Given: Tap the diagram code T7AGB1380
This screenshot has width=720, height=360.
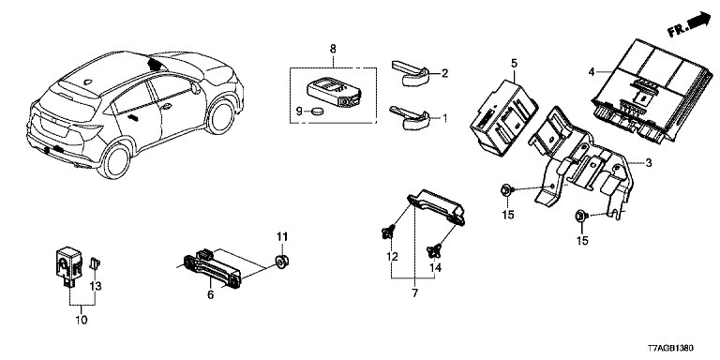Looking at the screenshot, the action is click(x=671, y=349).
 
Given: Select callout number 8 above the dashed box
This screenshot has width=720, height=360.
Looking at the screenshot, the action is click(x=333, y=48).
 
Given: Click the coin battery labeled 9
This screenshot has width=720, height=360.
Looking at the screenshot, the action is click(x=315, y=111).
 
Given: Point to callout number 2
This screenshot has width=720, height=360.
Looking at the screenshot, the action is click(x=444, y=73).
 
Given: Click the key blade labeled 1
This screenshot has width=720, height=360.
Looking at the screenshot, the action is click(x=409, y=117).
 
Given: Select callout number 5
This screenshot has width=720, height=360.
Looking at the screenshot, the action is click(x=514, y=62).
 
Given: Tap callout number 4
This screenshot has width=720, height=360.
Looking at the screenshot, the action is click(x=592, y=71).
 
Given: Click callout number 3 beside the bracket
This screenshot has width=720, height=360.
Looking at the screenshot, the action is click(x=649, y=162).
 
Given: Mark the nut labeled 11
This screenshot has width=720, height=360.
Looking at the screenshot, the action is click(x=280, y=262).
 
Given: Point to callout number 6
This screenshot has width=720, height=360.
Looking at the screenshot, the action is click(x=210, y=294).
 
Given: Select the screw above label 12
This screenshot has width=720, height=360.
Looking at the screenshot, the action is click(x=386, y=232).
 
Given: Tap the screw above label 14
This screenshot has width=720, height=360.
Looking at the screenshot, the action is click(x=434, y=250).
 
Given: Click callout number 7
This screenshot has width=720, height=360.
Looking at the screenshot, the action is click(x=415, y=292).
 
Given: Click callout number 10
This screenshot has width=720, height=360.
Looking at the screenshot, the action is click(x=81, y=319).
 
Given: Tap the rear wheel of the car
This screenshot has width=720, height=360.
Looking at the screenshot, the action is click(x=114, y=160).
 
